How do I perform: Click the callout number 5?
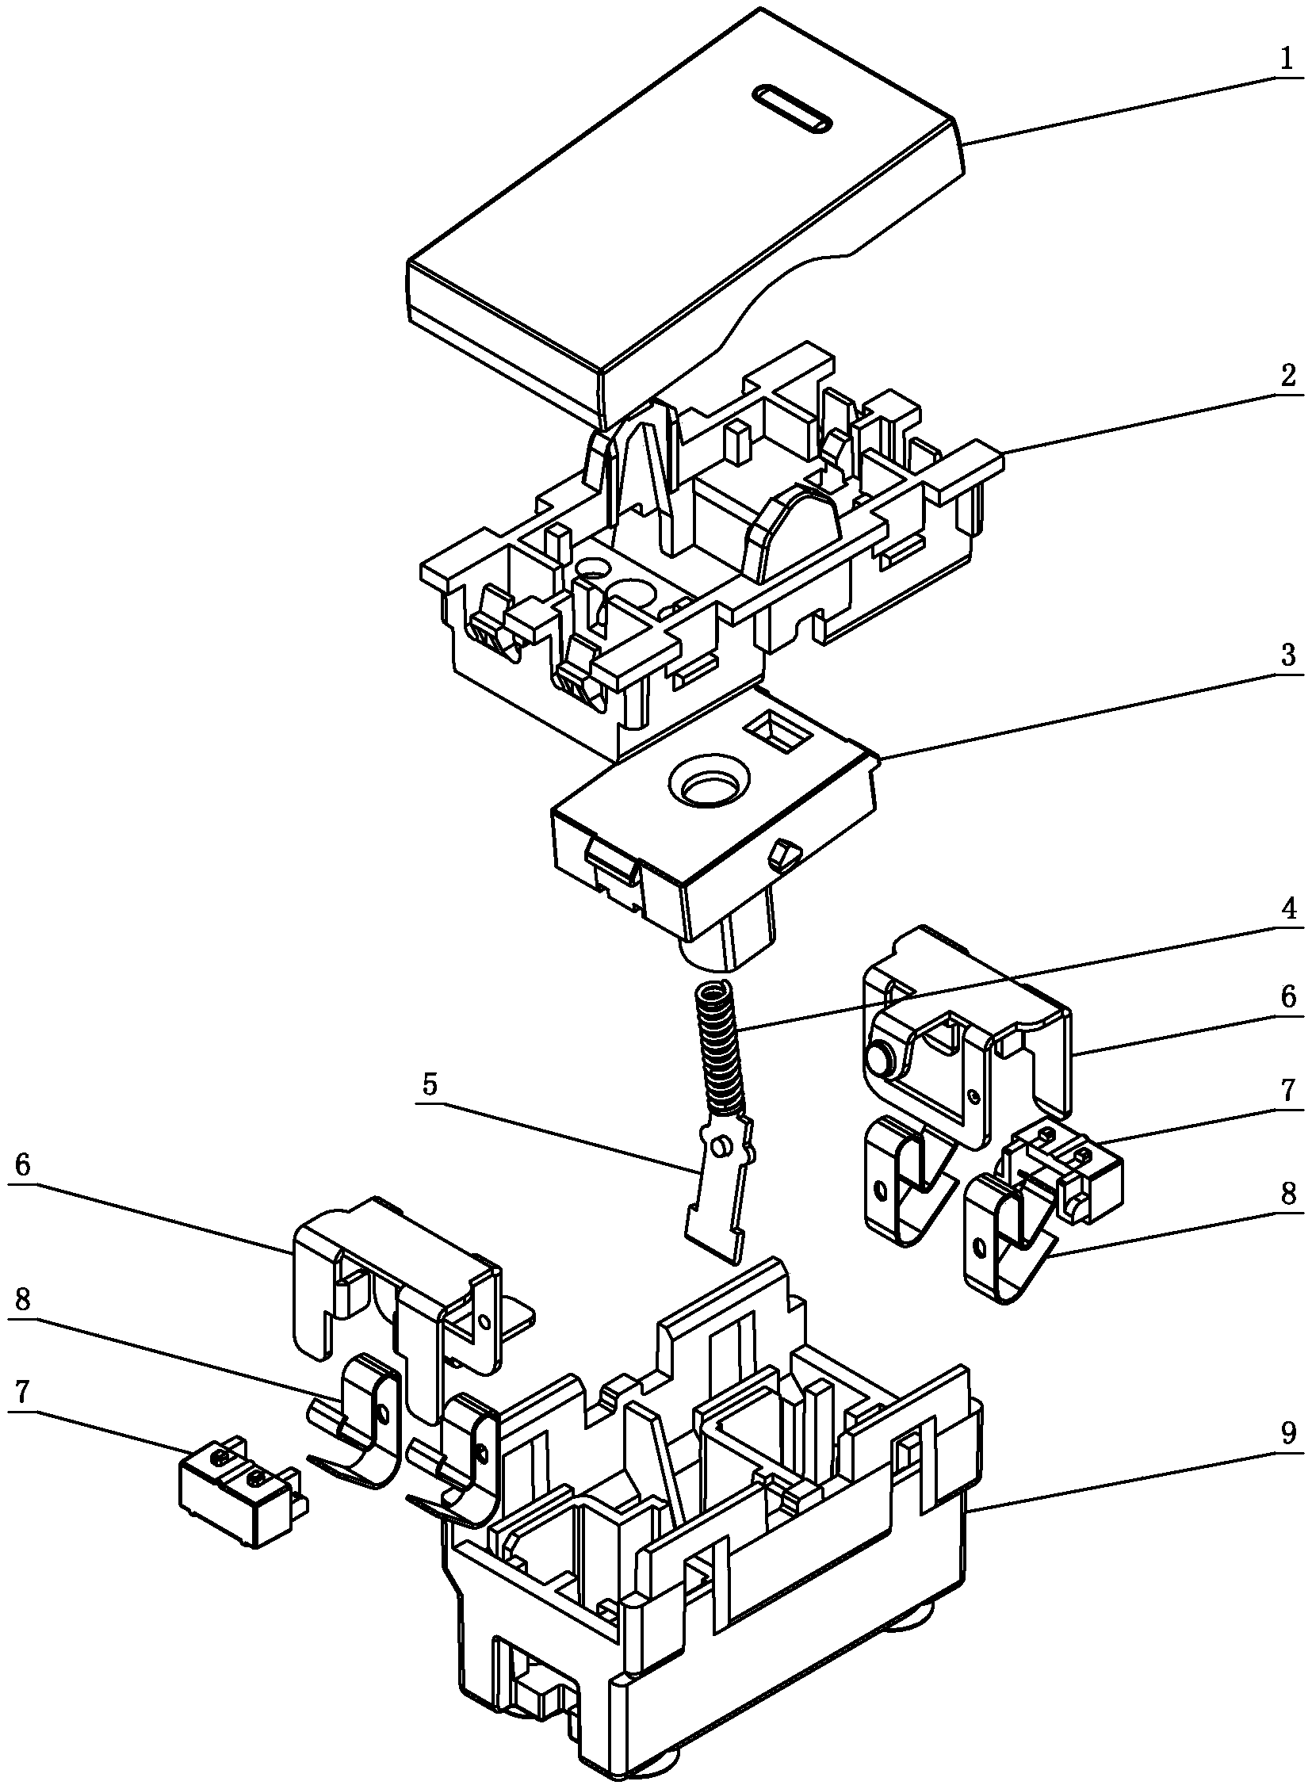click(430, 1086)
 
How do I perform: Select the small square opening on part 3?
click(779, 728)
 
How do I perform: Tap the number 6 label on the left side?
click(22, 1166)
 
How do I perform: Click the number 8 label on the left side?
click(22, 1301)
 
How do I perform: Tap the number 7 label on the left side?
click(22, 1391)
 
